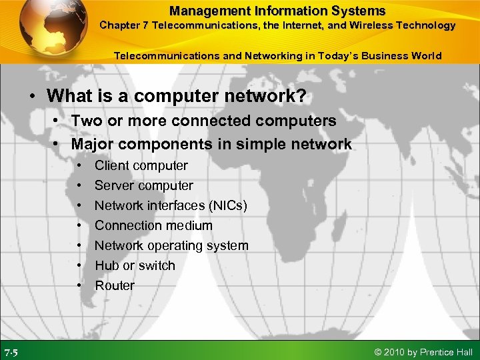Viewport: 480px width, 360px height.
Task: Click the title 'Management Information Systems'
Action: pyautogui.click(x=277, y=11)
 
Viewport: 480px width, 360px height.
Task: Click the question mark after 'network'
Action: pyautogui.click(x=301, y=96)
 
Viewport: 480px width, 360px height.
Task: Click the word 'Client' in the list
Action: pyautogui.click(x=111, y=165)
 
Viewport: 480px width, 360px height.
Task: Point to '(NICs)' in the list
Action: pyautogui.click(x=225, y=205)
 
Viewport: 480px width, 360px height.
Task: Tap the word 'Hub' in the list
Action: pyautogui.click(x=106, y=265)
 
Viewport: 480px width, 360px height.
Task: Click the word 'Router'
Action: pyautogui.click(x=115, y=285)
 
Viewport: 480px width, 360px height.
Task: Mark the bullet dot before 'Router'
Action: pyautogui.click(x=79, y=285)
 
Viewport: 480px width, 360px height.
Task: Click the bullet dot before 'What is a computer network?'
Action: pyautogui.click(x=32, y=97)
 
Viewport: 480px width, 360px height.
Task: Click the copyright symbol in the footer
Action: pyautogui.click(x=379, y=352)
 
